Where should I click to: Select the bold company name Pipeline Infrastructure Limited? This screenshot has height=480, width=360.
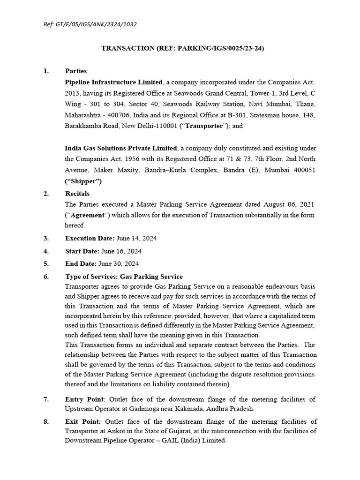(x=114, y=82)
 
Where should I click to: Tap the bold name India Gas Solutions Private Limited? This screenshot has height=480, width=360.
(x=120, y=148)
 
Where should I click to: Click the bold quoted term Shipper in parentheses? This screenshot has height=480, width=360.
(x=83, y=181)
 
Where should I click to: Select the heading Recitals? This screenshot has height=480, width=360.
(x=77, y=193)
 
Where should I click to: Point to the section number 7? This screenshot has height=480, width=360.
(x=46, y=399)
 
